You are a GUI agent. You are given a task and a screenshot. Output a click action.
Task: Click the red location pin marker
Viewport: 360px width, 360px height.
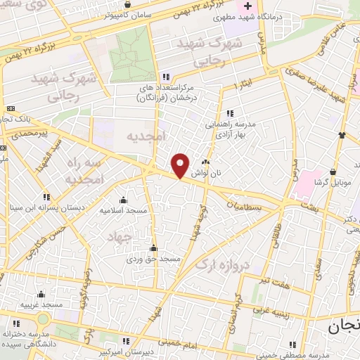(x=181, y=165)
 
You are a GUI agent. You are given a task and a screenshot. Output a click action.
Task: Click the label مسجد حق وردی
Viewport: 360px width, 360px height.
(x=154, y=259)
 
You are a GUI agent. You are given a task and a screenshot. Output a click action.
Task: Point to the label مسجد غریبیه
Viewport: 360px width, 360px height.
(x=41, y=304)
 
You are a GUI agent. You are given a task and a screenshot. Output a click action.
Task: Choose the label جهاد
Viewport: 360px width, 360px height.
(x=119, y=238)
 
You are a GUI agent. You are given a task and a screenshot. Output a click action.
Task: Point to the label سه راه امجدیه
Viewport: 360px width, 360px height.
(x=84, y=171)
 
